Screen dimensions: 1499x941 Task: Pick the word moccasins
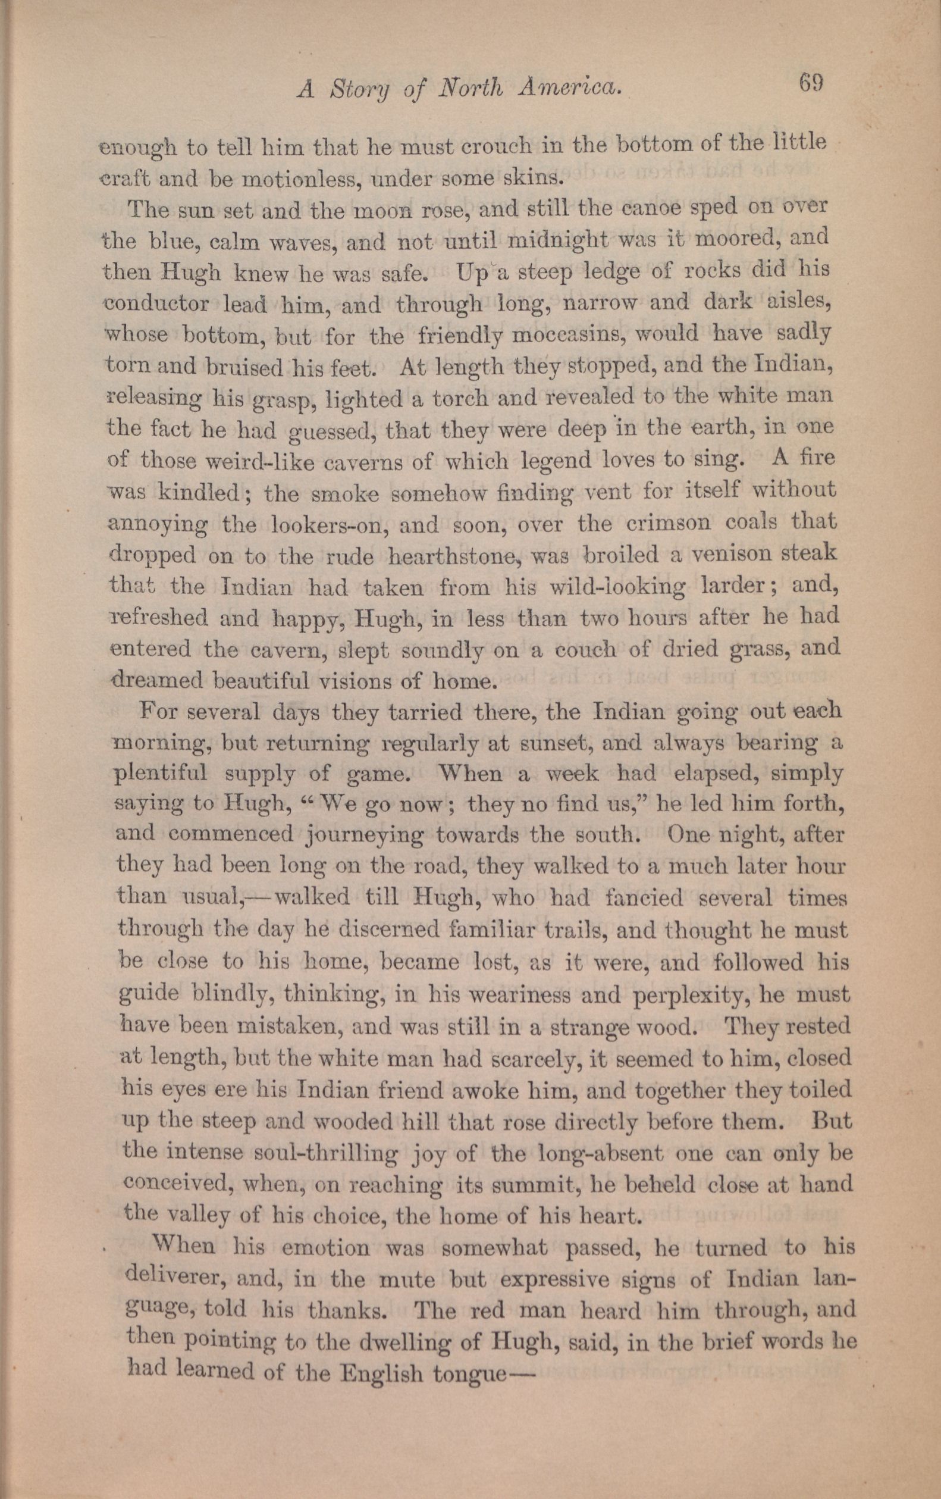coord(569,336)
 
